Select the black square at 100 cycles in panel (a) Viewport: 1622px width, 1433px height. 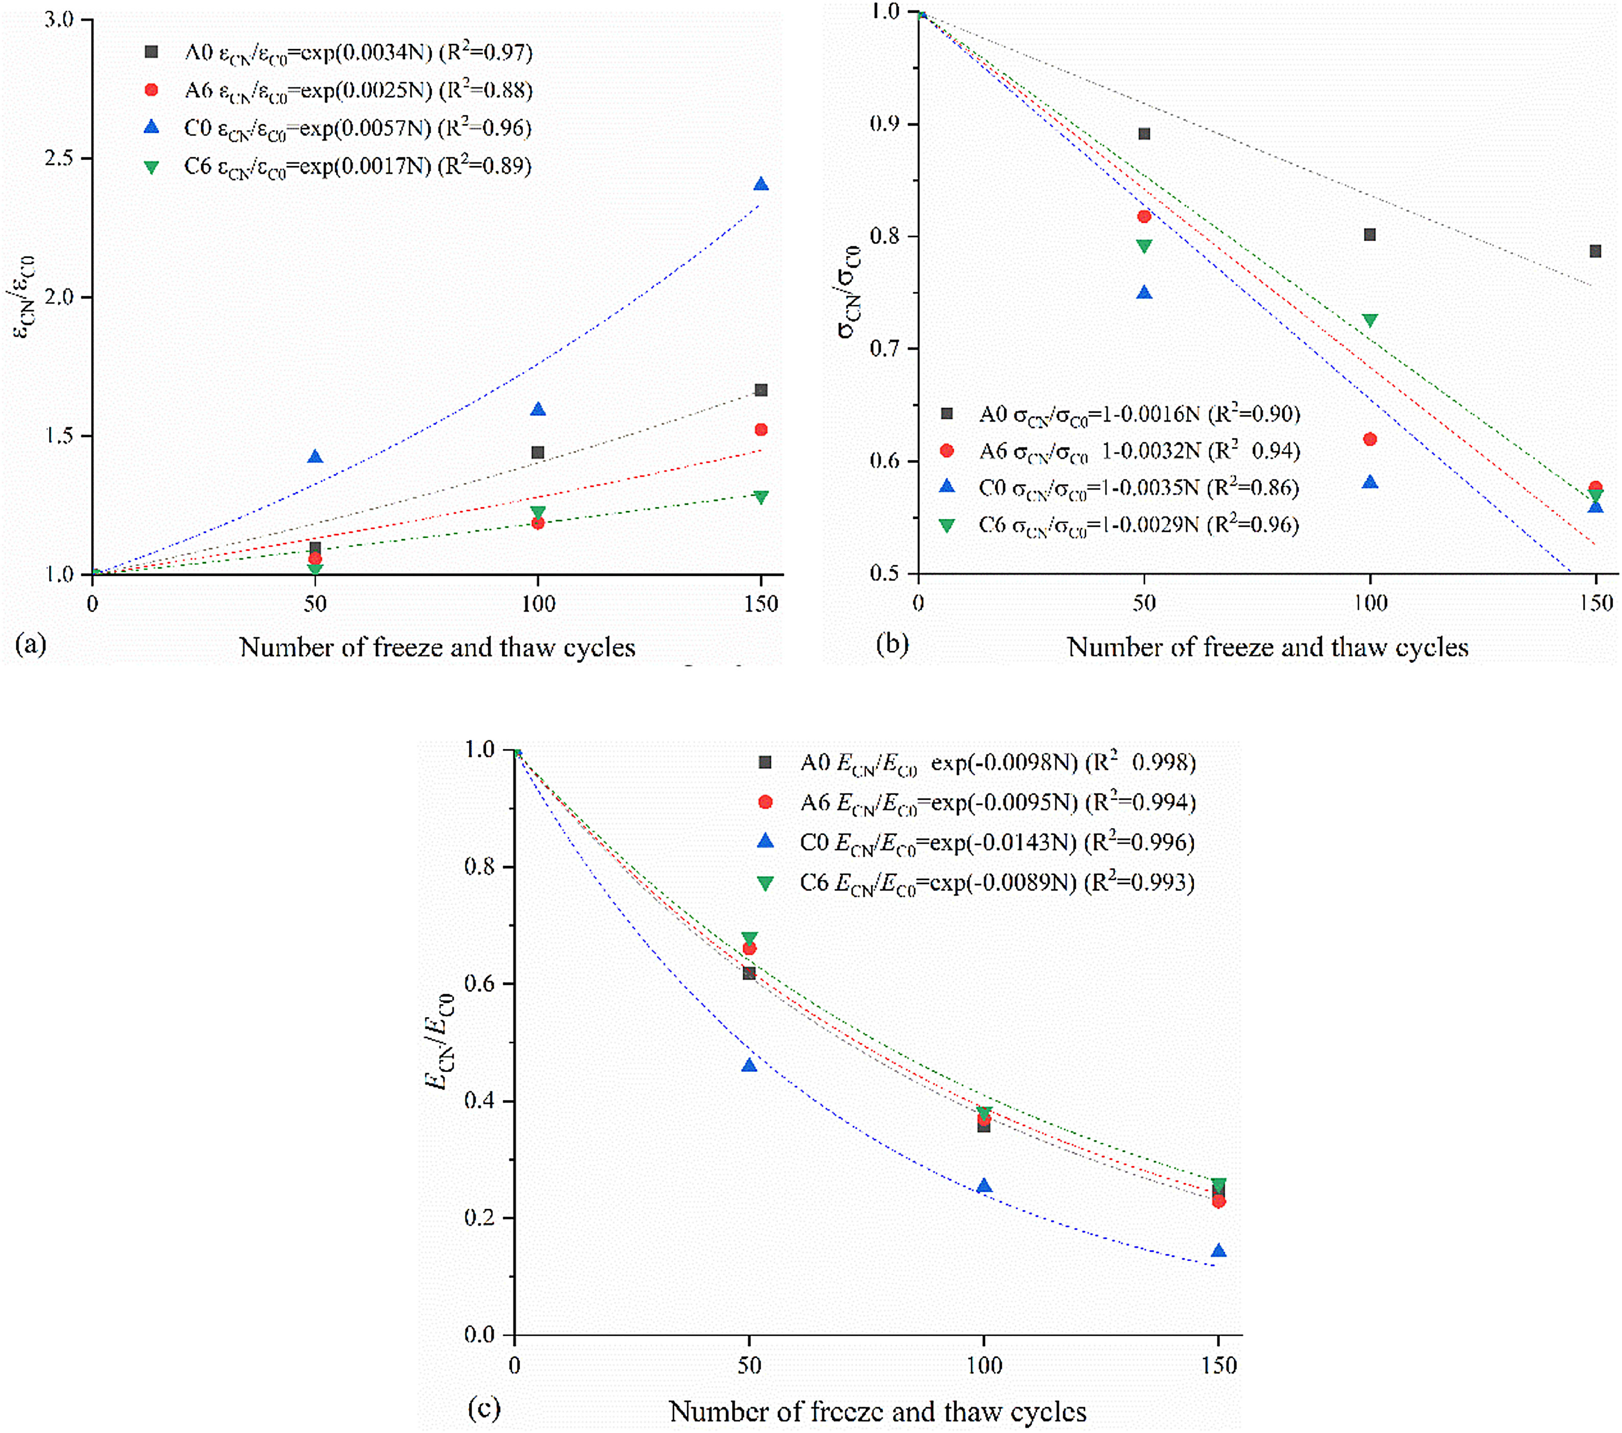point(538,452)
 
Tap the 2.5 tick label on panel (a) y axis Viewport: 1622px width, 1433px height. point(59,158)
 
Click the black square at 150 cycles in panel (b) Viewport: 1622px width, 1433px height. point(1595,251)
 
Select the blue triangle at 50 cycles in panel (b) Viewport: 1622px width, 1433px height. point(1143,293)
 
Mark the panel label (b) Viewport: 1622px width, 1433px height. point(892,644)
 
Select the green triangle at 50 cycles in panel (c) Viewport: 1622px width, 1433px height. point(749,938)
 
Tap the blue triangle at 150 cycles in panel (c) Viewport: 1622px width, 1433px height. point(1218,1251)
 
